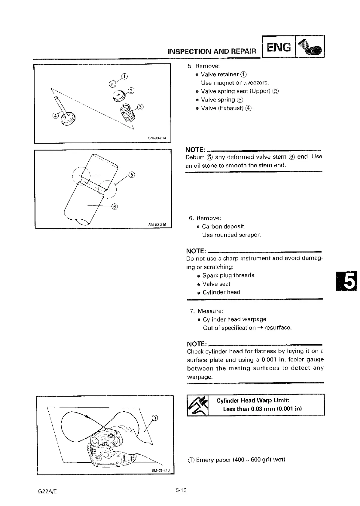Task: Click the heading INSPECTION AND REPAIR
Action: coord(212,51)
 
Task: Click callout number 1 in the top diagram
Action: coord(125,76)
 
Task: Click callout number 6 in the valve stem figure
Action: coord(114,206)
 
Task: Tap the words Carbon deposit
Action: coord(221,227)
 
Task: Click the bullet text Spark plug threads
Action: coord(228,275)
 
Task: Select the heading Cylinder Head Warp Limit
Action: coord(253,401)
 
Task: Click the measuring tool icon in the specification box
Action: coord(197,405)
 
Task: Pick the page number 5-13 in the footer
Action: coord(181,491)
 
